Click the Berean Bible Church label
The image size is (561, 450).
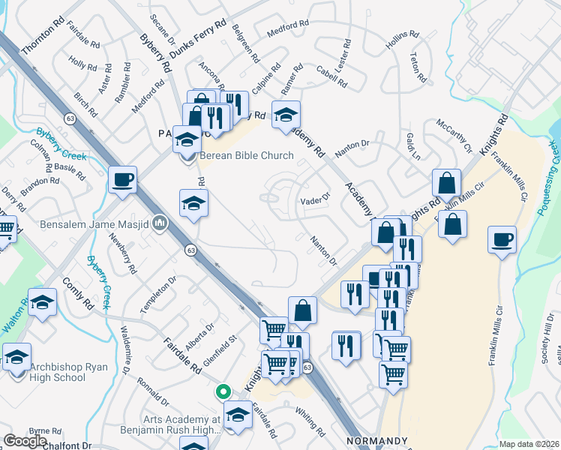coord(246,156)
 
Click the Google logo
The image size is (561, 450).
coord(25,441)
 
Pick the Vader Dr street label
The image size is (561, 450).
coord(315,199)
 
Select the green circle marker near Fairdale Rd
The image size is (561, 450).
coord(223,391)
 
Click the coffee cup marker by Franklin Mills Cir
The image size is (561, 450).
coord(502,240)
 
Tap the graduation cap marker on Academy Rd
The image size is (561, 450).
coord(286,115)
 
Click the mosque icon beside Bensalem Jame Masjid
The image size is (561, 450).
coord(160,223)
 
